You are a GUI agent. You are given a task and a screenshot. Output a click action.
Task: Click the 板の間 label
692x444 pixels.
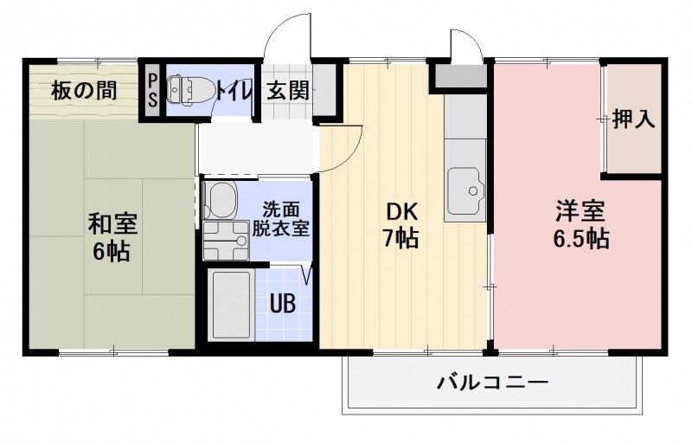click(x=84, y=90)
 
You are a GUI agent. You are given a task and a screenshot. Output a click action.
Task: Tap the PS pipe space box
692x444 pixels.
click(x=152, y=90)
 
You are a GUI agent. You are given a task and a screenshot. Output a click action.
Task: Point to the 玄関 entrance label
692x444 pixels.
click(x=286, y=90)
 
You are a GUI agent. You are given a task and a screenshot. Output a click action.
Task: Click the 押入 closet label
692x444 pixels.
click(x=633, y=119)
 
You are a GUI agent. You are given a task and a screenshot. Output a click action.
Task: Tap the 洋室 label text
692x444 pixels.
click(x=580, y=211)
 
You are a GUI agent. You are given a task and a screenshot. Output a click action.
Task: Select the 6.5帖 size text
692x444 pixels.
click(x=580, y=239)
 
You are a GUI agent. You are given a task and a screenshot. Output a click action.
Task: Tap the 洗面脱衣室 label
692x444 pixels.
click(x=280, y=220)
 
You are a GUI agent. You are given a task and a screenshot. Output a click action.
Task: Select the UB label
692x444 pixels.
click(x=281, y=304)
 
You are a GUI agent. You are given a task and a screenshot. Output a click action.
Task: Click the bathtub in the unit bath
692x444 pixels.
click(x=231, y=306)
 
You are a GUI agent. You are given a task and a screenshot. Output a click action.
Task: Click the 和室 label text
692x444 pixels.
click(x=112, y=223)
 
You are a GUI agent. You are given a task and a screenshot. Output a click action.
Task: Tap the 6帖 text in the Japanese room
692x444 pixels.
click(x=112, y=252)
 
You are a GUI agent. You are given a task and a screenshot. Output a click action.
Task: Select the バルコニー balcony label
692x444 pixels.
click(x=492, y=382)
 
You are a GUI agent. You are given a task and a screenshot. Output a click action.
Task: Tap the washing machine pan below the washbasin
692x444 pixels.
click(x=226, y=241)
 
